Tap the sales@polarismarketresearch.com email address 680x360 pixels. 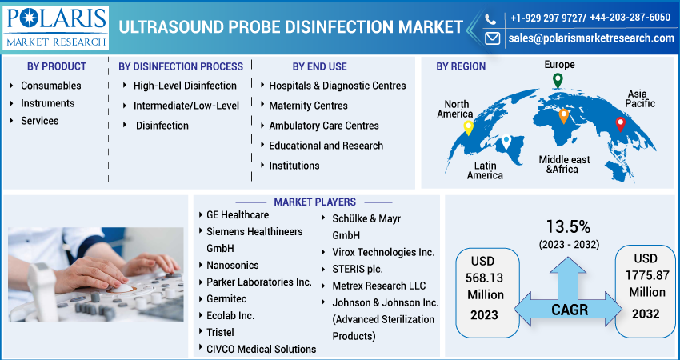tap(590, 38)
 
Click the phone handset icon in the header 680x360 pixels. tap(492, 17)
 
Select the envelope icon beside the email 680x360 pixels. tap(492, 38)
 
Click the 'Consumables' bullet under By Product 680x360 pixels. tap(50, 86)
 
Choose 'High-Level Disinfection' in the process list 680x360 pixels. tap(185, 86)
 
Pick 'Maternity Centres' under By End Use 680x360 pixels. tap(308, 106)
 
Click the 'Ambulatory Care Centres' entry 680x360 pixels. tap(324, 126)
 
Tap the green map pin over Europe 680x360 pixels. tap(558, 80)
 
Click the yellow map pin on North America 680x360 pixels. tap(468, 128)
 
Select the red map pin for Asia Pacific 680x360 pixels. tap(620, 124)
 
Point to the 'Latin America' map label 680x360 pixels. tap(485, 170)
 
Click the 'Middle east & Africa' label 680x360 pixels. tap(564, 164)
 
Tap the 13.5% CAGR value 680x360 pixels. tap(568, 226)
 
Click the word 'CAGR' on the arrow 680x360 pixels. tap(568, 309)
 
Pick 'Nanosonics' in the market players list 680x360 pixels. tap(232, 265)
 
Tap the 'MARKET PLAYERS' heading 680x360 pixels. tap(314, 202)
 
